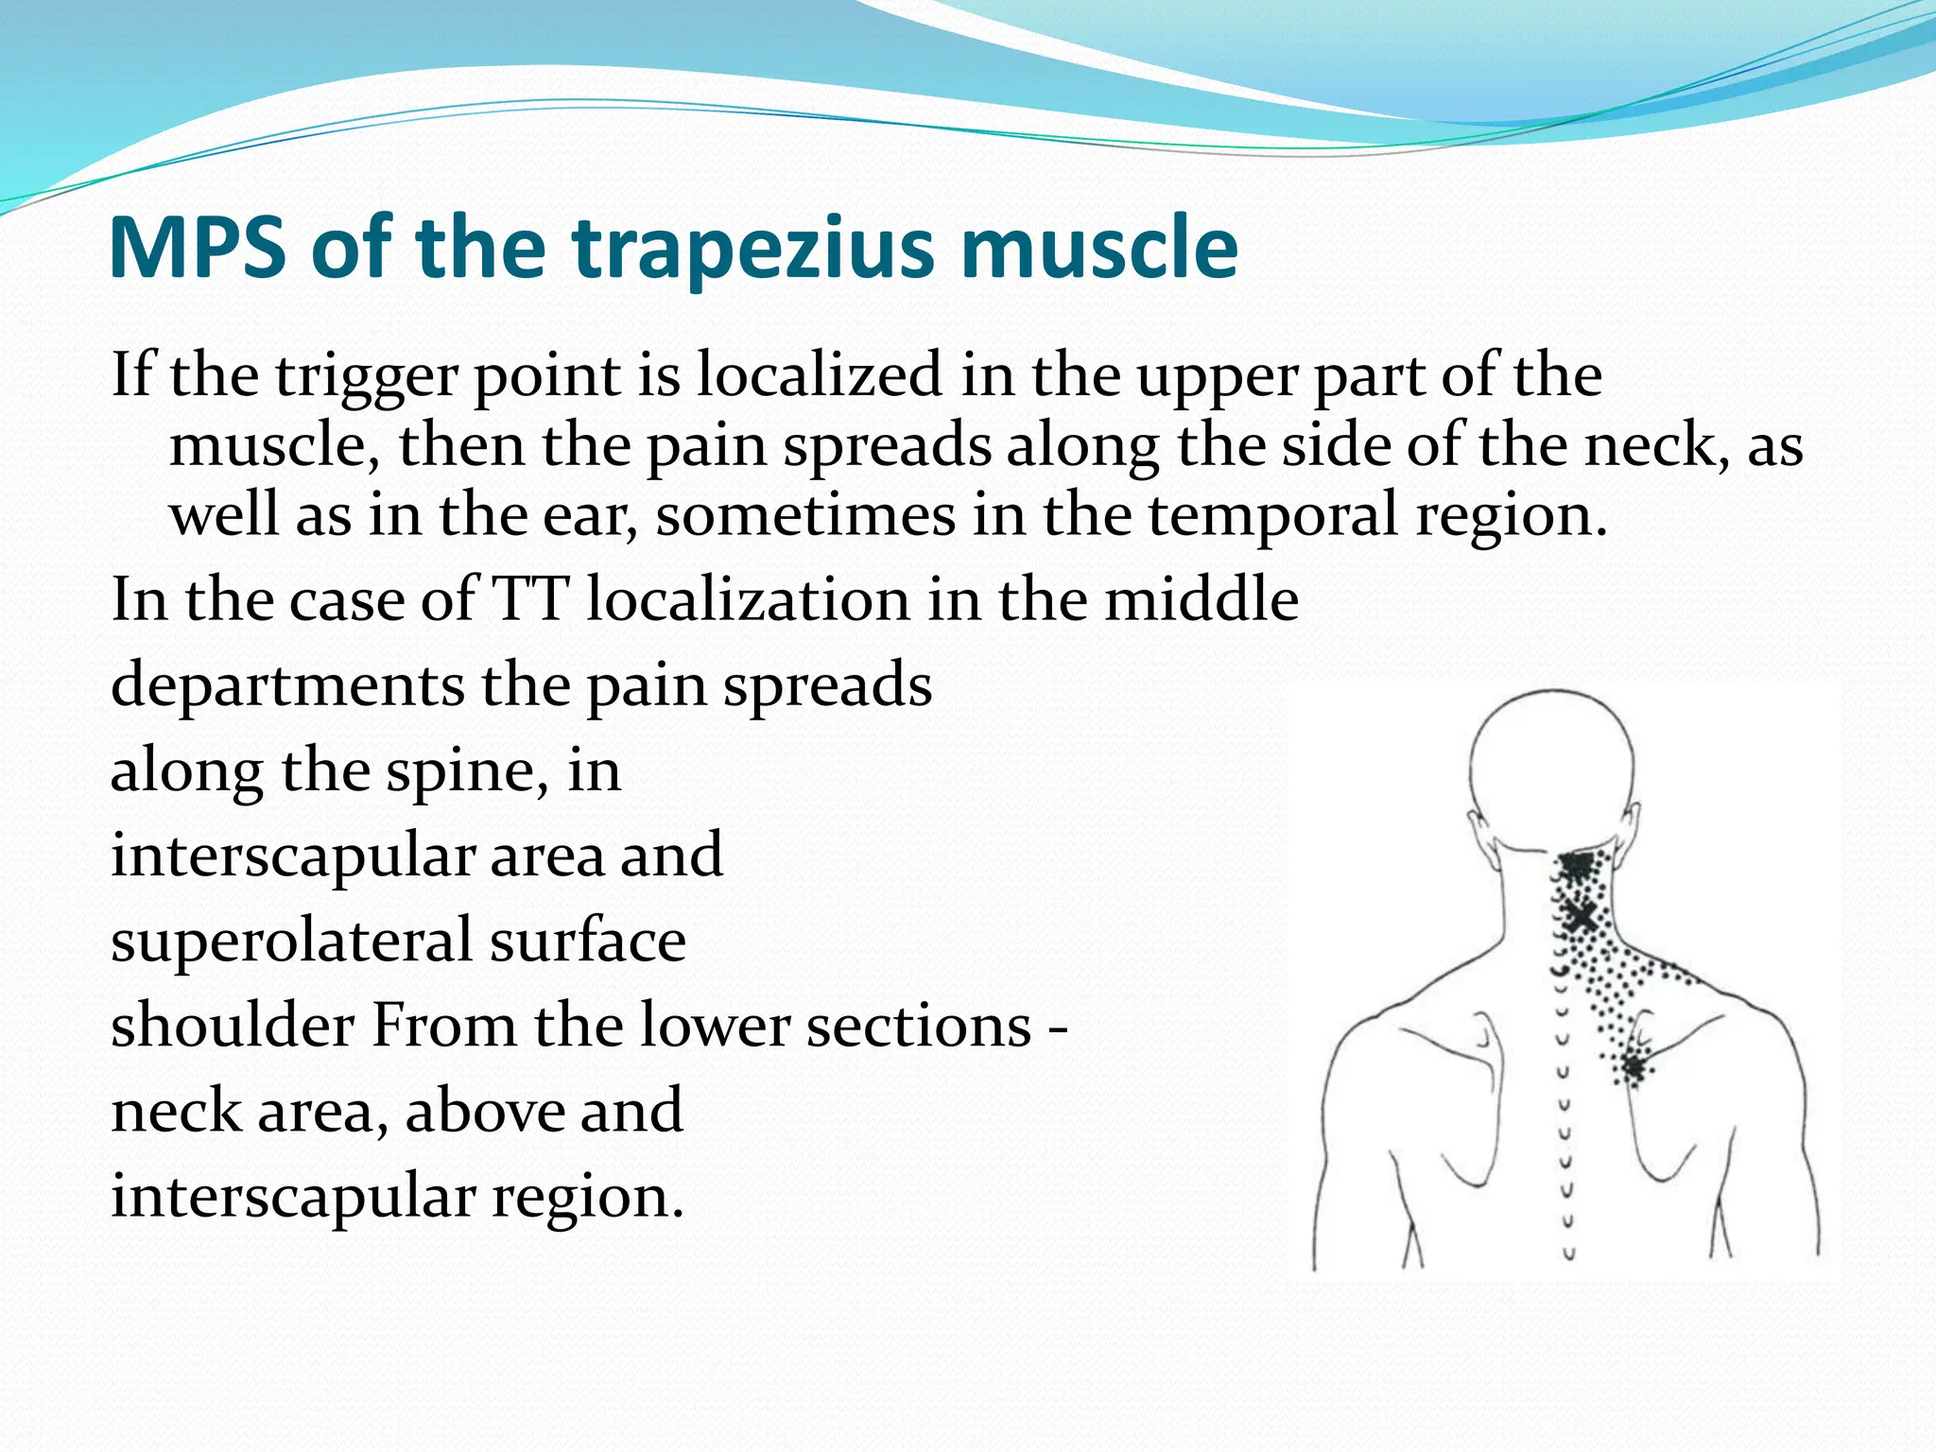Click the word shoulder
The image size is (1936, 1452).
(x=232, y=1025)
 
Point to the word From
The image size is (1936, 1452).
(x=443, y=1025)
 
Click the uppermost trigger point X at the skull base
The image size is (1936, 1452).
(x=1575, y=864)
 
